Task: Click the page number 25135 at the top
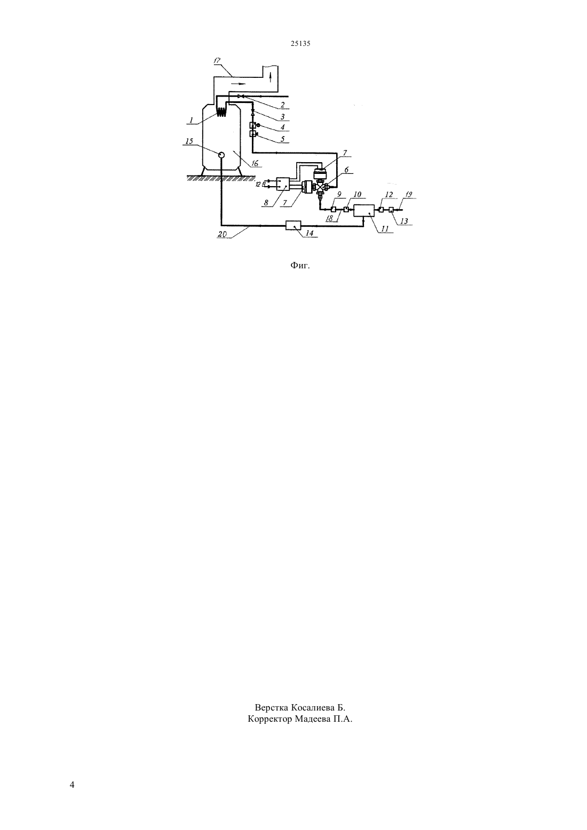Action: pyautogui.click(x=300, y=43)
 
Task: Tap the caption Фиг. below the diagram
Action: pyautogui.click(x=300, y=265)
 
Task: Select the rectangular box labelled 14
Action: pyautogui.click(x=293, y=225)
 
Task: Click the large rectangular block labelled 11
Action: pyautogui.click(x=364, y=211)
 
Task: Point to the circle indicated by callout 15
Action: pyautogui.click(x=221, y=155)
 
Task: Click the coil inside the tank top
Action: pyautogui.click(x=221, y=111)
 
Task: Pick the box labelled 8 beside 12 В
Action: pyautogui.click(x=283, y=184)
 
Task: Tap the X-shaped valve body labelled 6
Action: pyautogui.click(x=321, y=187)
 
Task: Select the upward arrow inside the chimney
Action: pyautogui.click(x=270, y=77)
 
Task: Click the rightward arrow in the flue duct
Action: pyautogui.click(x=240, y=84)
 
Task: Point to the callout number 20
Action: pyautogui.click(x=223, y=234)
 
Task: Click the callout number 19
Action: pyautogui.click(x=408, y=195)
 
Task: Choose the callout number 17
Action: pyautogui.click(x=217, y=60)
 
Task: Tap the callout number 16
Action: pyautogui.click(x=255, y=163)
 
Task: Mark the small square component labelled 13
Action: pyautogui.click(x=391, y=210)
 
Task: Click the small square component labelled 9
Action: pyautogui.click(x=333, y=210)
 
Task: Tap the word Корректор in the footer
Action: pyautogui.click(x=270, y=720)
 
